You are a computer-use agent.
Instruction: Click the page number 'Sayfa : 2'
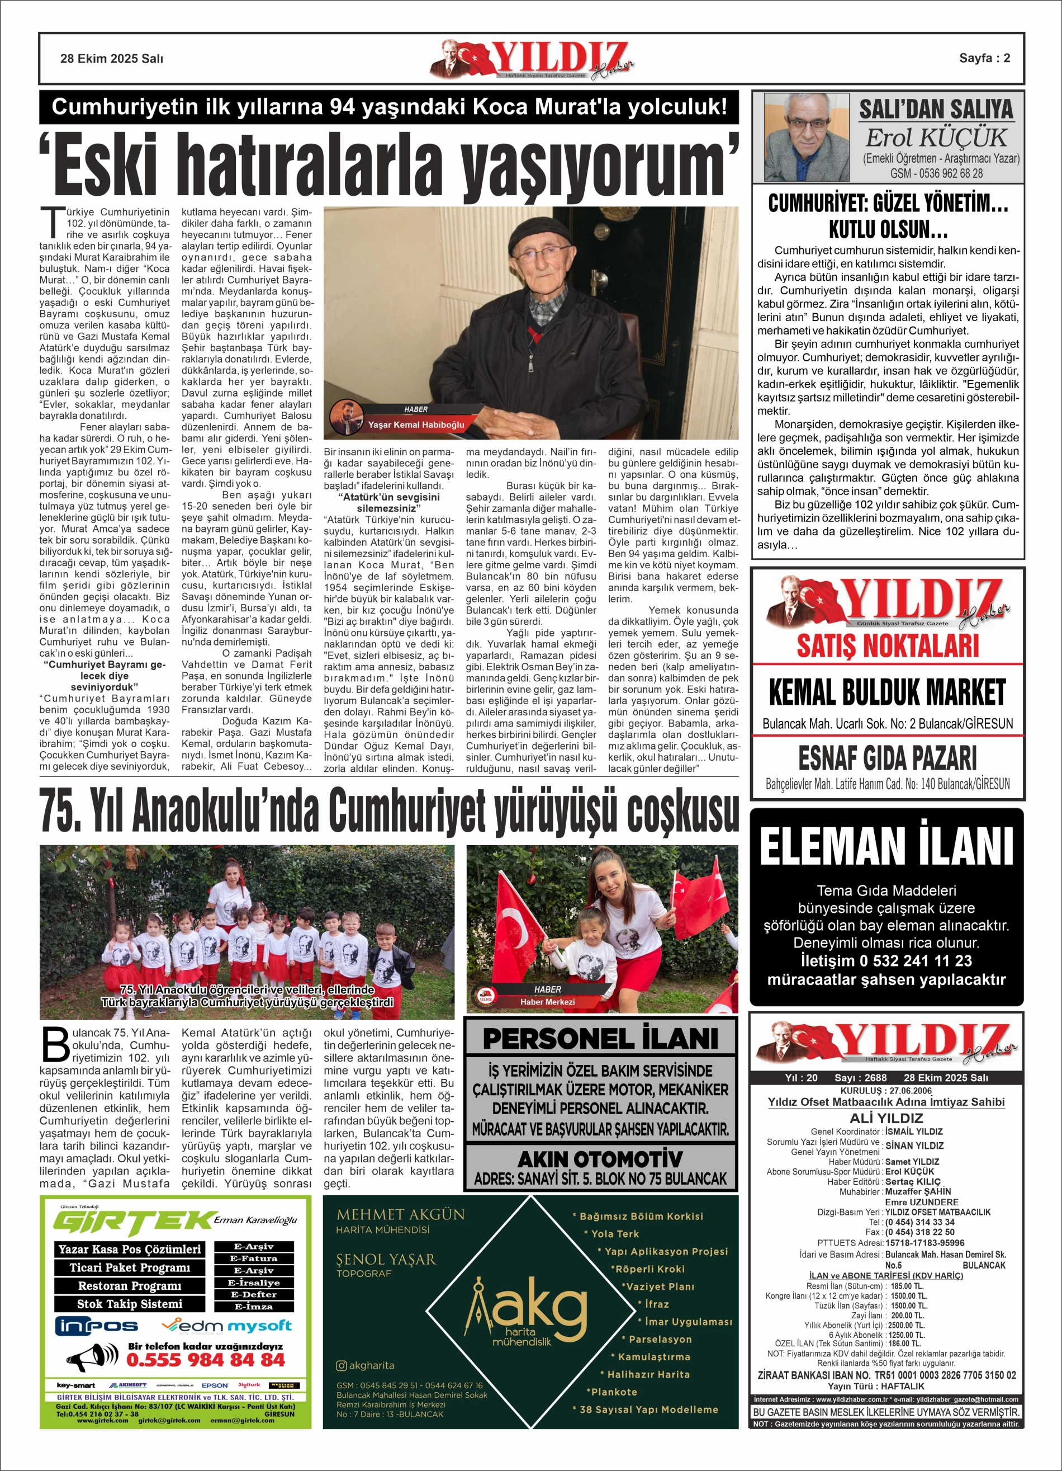[x=984, y=58]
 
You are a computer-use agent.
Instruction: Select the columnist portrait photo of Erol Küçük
[x=806, y=137]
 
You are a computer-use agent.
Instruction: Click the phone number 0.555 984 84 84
[x=206, y=1360]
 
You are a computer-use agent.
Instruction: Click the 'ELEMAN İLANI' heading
[x=886, y=846]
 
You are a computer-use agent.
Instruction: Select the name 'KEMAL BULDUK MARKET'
[x=886, y=692]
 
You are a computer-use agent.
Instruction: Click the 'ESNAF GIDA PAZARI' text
[x=887, y=757]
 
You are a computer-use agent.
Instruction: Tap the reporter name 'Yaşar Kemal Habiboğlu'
[x=416, y=425]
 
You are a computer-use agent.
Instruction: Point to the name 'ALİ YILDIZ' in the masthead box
[x=886, y=1118]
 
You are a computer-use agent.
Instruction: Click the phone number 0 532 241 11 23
[x=886, y=960]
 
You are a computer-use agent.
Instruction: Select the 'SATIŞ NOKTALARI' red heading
[x=887, y=646]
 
